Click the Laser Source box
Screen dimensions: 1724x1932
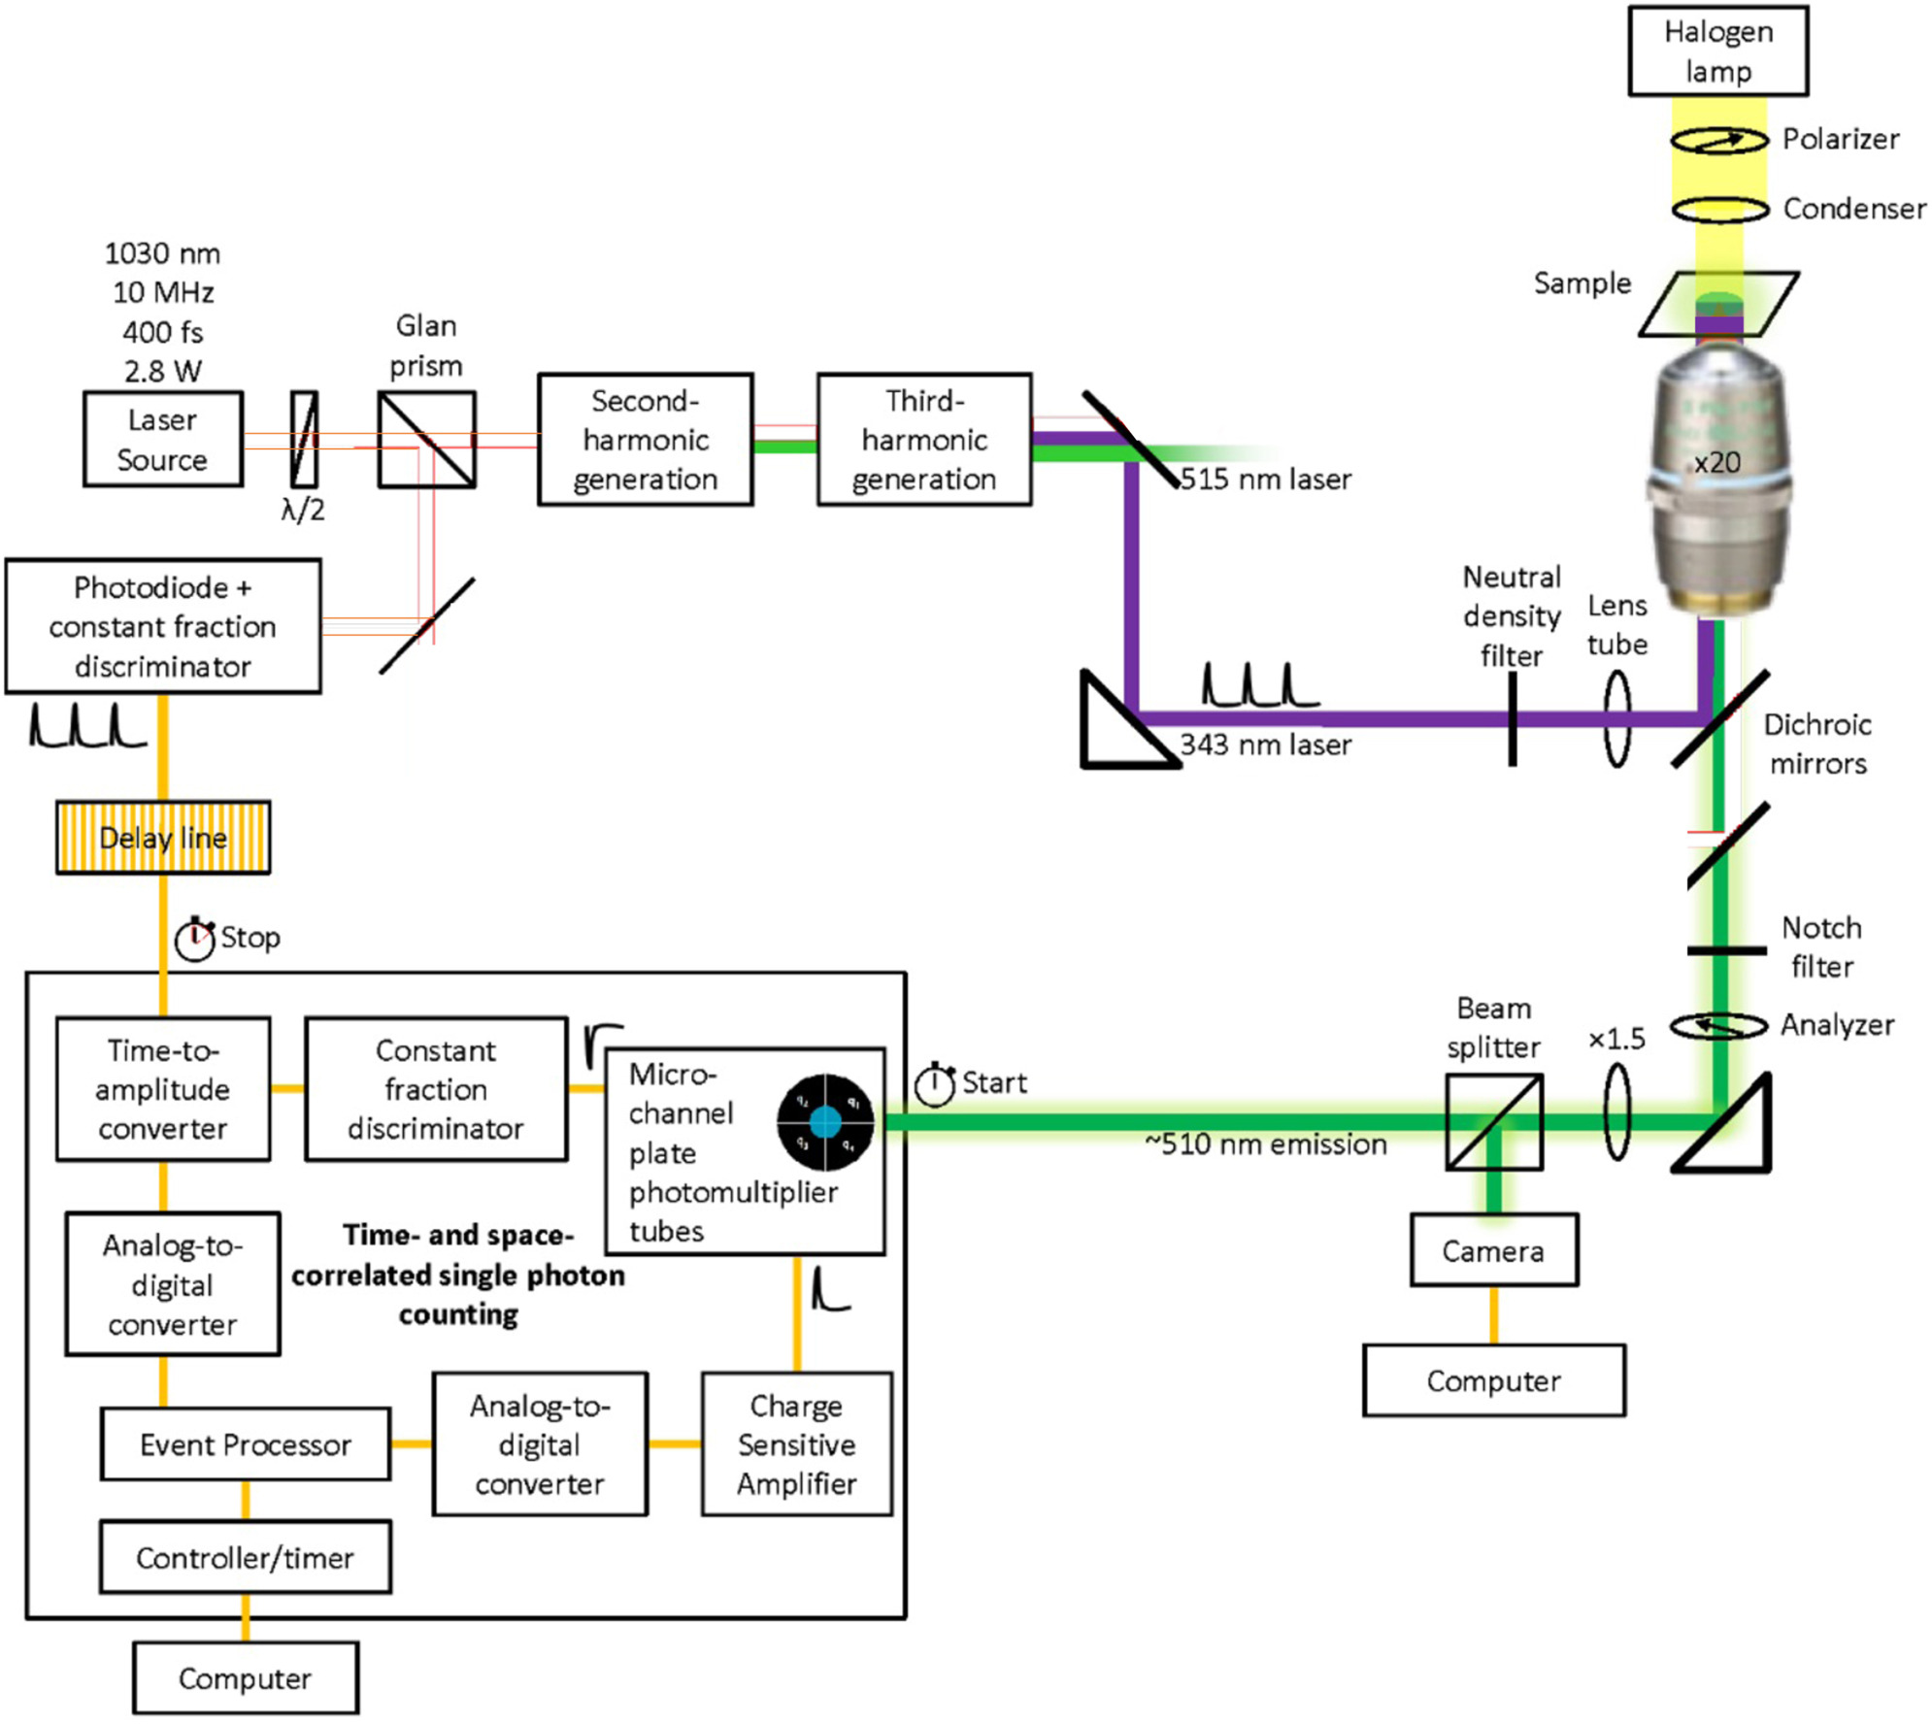[162, 439]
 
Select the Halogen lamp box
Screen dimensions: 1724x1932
[1716, 51]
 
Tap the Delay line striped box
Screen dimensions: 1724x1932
[163, 837]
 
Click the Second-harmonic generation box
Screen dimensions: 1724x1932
[645, 439]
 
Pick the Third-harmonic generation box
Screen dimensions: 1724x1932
[923, 439]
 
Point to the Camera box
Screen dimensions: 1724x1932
[1492, 1250]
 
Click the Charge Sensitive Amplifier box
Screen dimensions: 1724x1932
[796, 1443]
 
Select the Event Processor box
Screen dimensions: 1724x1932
[245, 1443]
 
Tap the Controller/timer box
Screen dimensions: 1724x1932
[245, 1557]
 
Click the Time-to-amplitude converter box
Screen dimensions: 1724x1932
[162, 1088]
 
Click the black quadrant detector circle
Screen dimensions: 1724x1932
[824, 1122]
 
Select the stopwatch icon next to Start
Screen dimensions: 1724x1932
[935, 1084]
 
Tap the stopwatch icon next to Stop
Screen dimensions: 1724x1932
[194, 939]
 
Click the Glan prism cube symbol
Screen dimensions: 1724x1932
[426, 440]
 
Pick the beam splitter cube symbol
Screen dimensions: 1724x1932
[1493, 1121]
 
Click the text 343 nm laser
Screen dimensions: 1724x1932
[1265, 745]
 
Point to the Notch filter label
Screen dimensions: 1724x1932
[1820, 946]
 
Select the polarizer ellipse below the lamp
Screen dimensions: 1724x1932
[1717, 141]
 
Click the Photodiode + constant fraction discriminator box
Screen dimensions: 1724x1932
[162, 626]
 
